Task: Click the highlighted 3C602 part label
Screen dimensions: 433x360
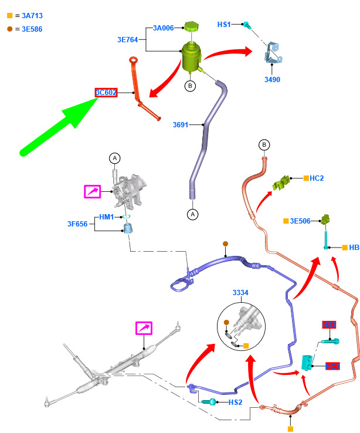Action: coord(106,93)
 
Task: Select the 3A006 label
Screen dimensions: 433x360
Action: coord(163,28)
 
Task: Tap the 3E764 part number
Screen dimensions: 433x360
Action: coord(128,40)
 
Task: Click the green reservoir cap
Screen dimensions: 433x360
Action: coord(191,26)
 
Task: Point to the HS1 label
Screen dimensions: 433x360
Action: coord(224,25)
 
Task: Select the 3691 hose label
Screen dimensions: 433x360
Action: coord(181,124)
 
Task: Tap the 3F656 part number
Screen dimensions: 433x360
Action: coord(77,224)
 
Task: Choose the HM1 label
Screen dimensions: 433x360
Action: coord(106,217)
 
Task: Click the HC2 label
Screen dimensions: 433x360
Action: coord(317,178)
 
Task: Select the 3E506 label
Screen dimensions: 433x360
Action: coord(300,221)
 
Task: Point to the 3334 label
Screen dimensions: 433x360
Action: coord(240,292)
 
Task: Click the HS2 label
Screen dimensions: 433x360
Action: coord(235,402)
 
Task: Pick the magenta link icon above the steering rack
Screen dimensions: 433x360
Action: coord(144,327)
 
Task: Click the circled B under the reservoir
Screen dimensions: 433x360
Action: coord(190,86)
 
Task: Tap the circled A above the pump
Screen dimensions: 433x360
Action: coord(115,158)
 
